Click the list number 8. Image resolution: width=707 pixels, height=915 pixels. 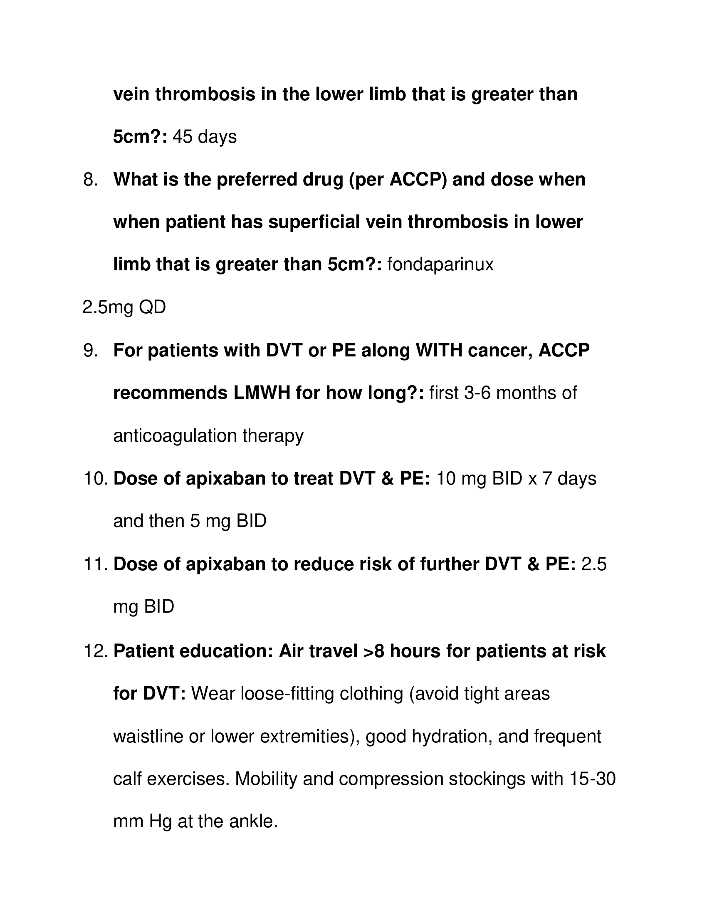pyautogui.click(x=91, y=180)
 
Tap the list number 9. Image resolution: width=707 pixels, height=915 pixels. pyautogui.click(x=91, y=351)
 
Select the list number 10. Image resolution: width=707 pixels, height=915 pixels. pyautogui.click(x=96, y=479)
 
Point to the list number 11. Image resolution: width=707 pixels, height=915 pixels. pyautogui.click(x=96, y=564)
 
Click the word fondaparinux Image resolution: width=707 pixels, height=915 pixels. pyautogui.click(x=440, y=265)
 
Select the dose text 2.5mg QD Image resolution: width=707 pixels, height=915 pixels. pyautogui.click(x=124, y=308)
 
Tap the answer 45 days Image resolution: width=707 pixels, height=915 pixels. pyautogui.click(x=204, y=137)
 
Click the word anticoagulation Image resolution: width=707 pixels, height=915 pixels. pyautogui.click(x=176, y=436)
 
